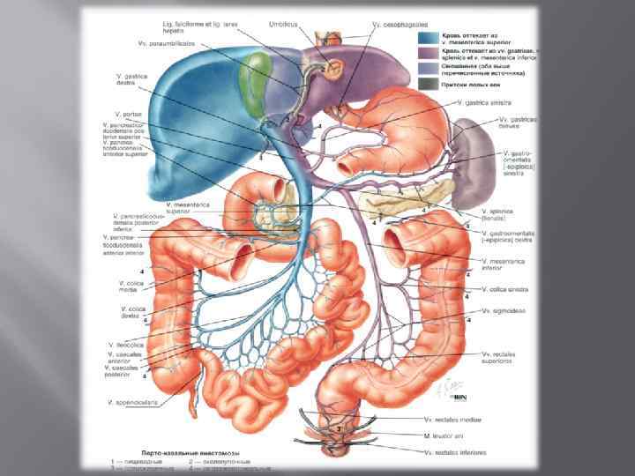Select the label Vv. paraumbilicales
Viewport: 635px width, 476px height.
coord(167,41)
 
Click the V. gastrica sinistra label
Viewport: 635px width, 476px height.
coord(487,102)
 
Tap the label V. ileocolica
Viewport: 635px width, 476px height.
coord(124,344)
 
